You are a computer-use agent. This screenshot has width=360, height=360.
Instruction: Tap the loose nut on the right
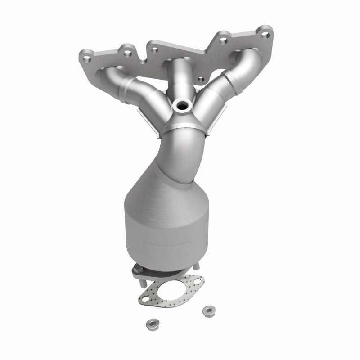pyautogui.click(x=207, y=310)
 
